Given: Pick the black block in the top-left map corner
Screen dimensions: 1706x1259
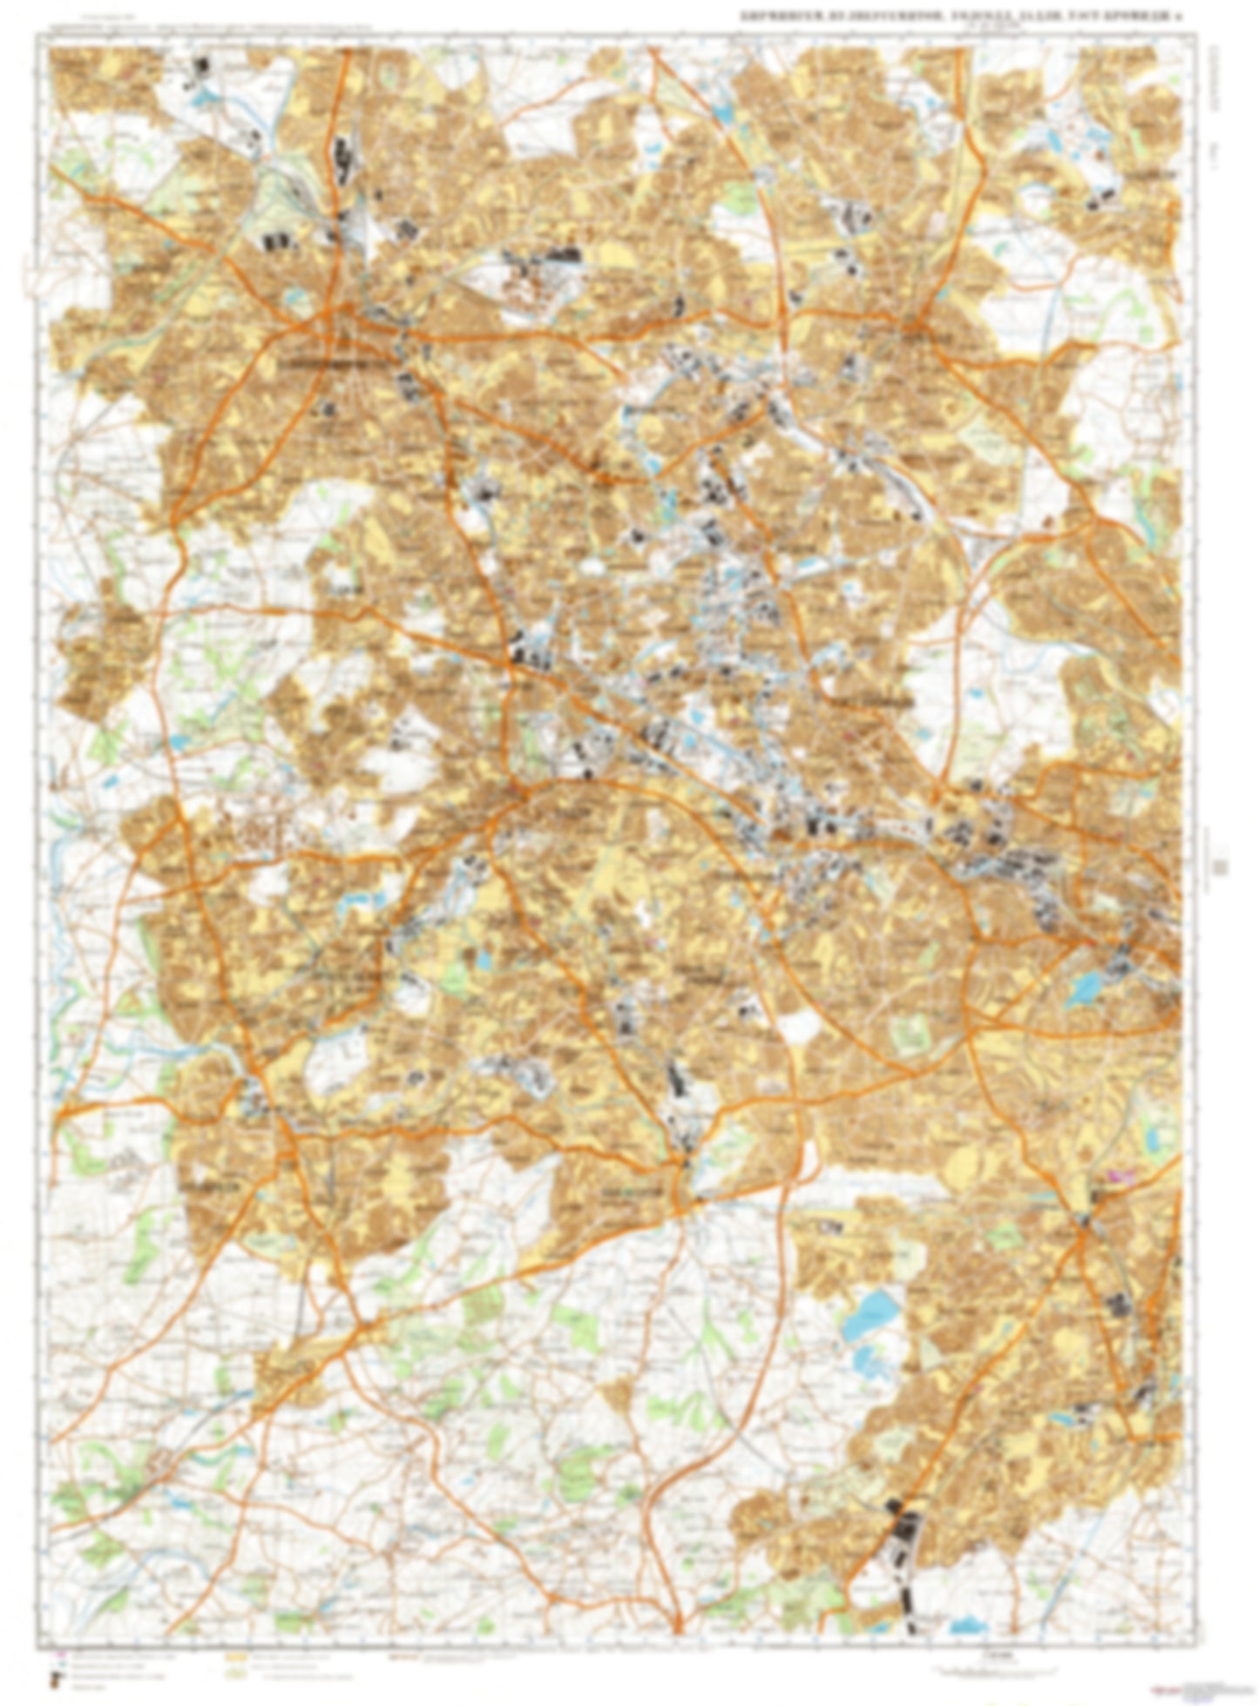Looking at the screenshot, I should tap(203, 68).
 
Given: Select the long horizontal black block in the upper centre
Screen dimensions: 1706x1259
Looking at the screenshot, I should tap(558, 254).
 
